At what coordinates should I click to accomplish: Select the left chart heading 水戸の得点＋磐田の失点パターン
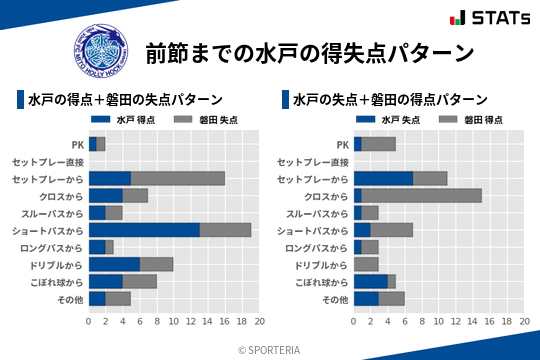point(124,100)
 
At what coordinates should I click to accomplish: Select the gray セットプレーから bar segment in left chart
point(177,178)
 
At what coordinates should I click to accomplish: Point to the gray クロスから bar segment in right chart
point(421,196)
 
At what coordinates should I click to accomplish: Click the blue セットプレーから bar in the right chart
point(383,178)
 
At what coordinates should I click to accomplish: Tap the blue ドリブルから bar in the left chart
point(114,264)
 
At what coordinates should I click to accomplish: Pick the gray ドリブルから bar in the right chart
point(366,264)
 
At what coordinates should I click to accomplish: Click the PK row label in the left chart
point(77,144)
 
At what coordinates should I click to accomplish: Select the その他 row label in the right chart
point(335,299)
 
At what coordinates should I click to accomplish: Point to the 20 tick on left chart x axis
point(259,322)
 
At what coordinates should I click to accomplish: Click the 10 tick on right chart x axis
point(439,322)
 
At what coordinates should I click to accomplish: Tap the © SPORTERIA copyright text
point(270,349)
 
